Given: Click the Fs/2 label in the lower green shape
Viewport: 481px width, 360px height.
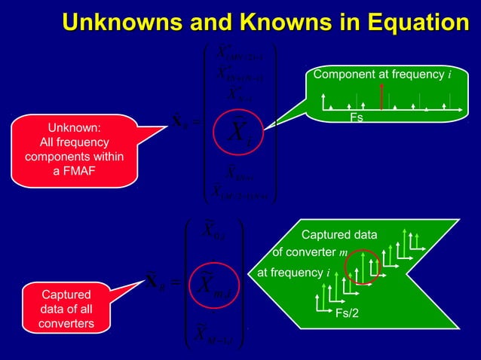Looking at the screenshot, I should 347,313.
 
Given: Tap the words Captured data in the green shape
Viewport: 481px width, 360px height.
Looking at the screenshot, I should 339,236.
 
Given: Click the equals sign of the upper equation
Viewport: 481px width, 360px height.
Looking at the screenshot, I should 195,124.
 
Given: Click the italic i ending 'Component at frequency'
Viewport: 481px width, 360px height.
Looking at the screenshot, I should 449,75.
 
